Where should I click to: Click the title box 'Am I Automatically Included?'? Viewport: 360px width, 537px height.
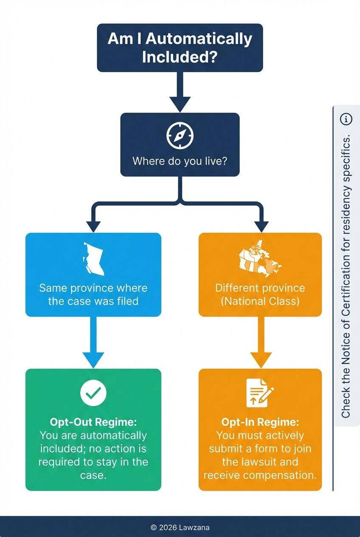pyautogui.click(x=180, y=48)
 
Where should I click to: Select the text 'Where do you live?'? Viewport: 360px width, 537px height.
pyautogui.click(x=180, y=161)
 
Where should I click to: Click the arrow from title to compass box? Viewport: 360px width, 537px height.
pyautogui.click(x=180, y=93)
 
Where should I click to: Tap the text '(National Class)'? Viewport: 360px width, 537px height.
pyautogui.click(x=260, y=302)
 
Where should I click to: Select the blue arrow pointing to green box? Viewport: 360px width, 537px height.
pyautogui.click(x=93, y=344)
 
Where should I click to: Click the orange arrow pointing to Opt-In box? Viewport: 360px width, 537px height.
pyautogui.click(x=260, y=344)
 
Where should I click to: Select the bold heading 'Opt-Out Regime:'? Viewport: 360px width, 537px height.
pyautogui.click(x=93, y=422)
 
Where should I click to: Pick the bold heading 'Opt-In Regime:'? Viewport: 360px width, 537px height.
pyautogui.click(x=260, y=422)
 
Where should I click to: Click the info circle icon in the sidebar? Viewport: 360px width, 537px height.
pyautogui.click(x=346, y=119)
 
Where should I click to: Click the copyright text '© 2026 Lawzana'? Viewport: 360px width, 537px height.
pyautogui.click(x=180, y=527)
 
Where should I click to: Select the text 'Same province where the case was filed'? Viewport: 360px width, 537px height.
pyautogui.click(x=93, y=294)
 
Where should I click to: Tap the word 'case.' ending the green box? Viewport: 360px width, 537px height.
pyautogui.click(x=93, y=475)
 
